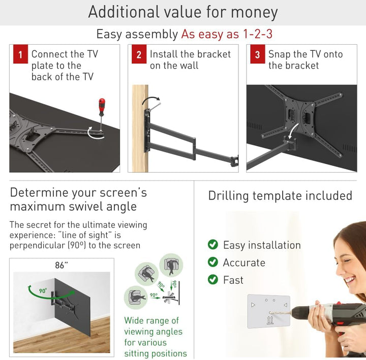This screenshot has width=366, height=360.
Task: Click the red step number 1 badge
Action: click(20, 54)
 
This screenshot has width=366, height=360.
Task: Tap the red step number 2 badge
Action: click(139, 54)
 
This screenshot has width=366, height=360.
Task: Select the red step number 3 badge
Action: click(257, 54)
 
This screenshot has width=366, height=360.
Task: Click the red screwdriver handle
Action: click(102, 107)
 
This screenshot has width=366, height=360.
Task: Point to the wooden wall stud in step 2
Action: click(140, 128)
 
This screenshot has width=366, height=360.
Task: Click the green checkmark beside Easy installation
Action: click(212, 245)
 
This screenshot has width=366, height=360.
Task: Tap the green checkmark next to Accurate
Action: click(212, 262)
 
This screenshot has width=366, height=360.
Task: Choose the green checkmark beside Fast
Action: click(212, 279)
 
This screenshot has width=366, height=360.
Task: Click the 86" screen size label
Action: click(62, 266)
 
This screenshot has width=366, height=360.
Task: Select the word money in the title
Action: click(254, 12)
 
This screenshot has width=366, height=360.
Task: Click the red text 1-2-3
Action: click(257, 34)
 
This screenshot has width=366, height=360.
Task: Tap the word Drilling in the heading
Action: click(228, 196)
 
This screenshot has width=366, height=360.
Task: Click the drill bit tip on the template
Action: click(269, 313)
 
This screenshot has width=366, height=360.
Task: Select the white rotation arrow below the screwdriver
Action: click(95, 134)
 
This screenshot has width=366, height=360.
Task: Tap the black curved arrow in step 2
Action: click(151, 100)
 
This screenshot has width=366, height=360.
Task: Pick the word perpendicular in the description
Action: click(37, 246)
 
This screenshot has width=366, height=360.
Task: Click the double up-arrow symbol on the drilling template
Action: click(270, 320)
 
